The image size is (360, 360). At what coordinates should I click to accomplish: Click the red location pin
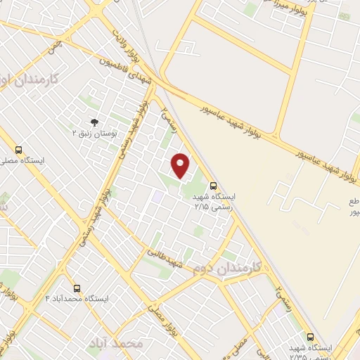(181, 165)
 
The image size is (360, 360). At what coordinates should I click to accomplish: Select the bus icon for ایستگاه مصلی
(18, 150)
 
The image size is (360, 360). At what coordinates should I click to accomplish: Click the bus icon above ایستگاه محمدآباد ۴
(76, 288)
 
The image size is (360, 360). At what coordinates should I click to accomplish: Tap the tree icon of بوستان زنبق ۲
(95, 122)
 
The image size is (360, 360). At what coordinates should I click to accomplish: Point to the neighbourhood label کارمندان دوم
(227, 267)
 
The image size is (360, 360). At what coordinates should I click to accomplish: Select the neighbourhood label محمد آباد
(115, 343)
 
